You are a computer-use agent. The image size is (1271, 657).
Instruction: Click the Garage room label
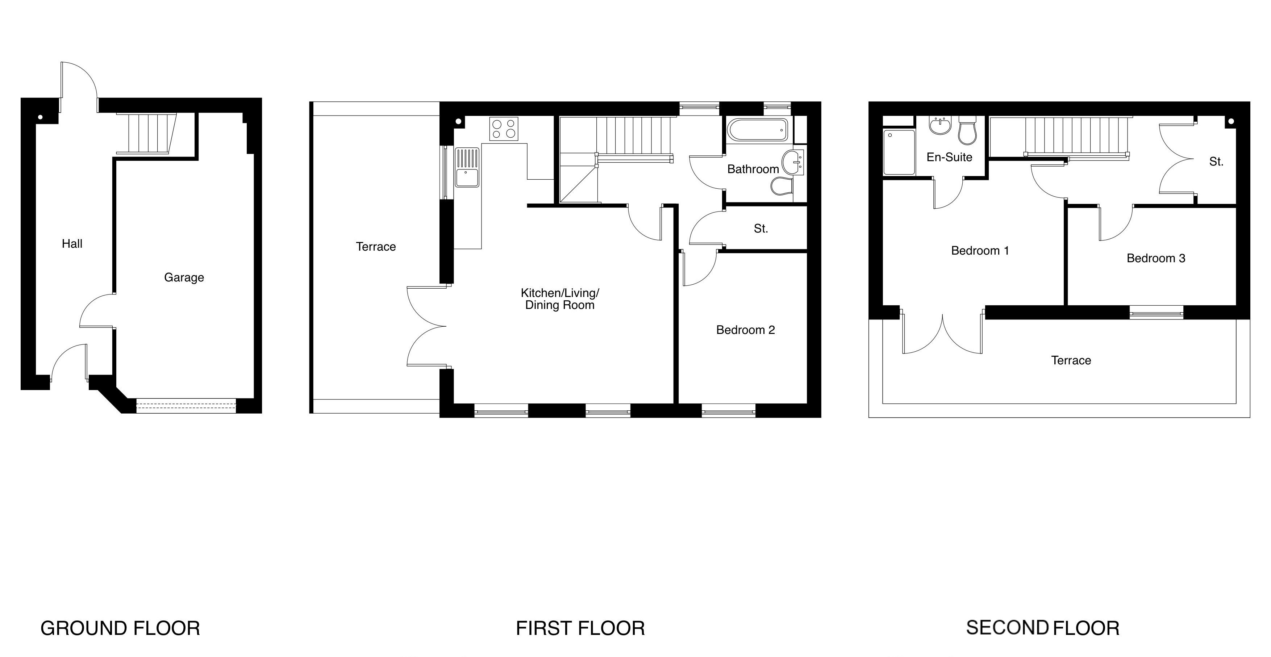184,278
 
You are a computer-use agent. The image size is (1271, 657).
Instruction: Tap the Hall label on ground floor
72,244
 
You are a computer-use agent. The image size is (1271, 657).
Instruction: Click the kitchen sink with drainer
467,167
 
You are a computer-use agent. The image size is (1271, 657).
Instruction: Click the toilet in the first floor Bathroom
782,187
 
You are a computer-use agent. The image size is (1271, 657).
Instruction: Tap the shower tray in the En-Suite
899,152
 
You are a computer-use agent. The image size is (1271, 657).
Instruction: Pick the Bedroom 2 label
746,330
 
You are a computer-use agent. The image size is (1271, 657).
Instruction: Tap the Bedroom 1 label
980,251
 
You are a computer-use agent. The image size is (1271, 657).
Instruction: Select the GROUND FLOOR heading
120,628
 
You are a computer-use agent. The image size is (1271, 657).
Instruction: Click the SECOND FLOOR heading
1042,628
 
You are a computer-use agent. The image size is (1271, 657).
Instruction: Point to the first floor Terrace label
376,247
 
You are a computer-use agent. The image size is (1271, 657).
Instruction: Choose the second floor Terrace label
1071,361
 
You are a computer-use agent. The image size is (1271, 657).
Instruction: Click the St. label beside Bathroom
761,229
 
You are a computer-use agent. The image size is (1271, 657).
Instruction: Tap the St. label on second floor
1216,162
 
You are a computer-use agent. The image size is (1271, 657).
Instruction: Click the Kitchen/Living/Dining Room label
560,299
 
